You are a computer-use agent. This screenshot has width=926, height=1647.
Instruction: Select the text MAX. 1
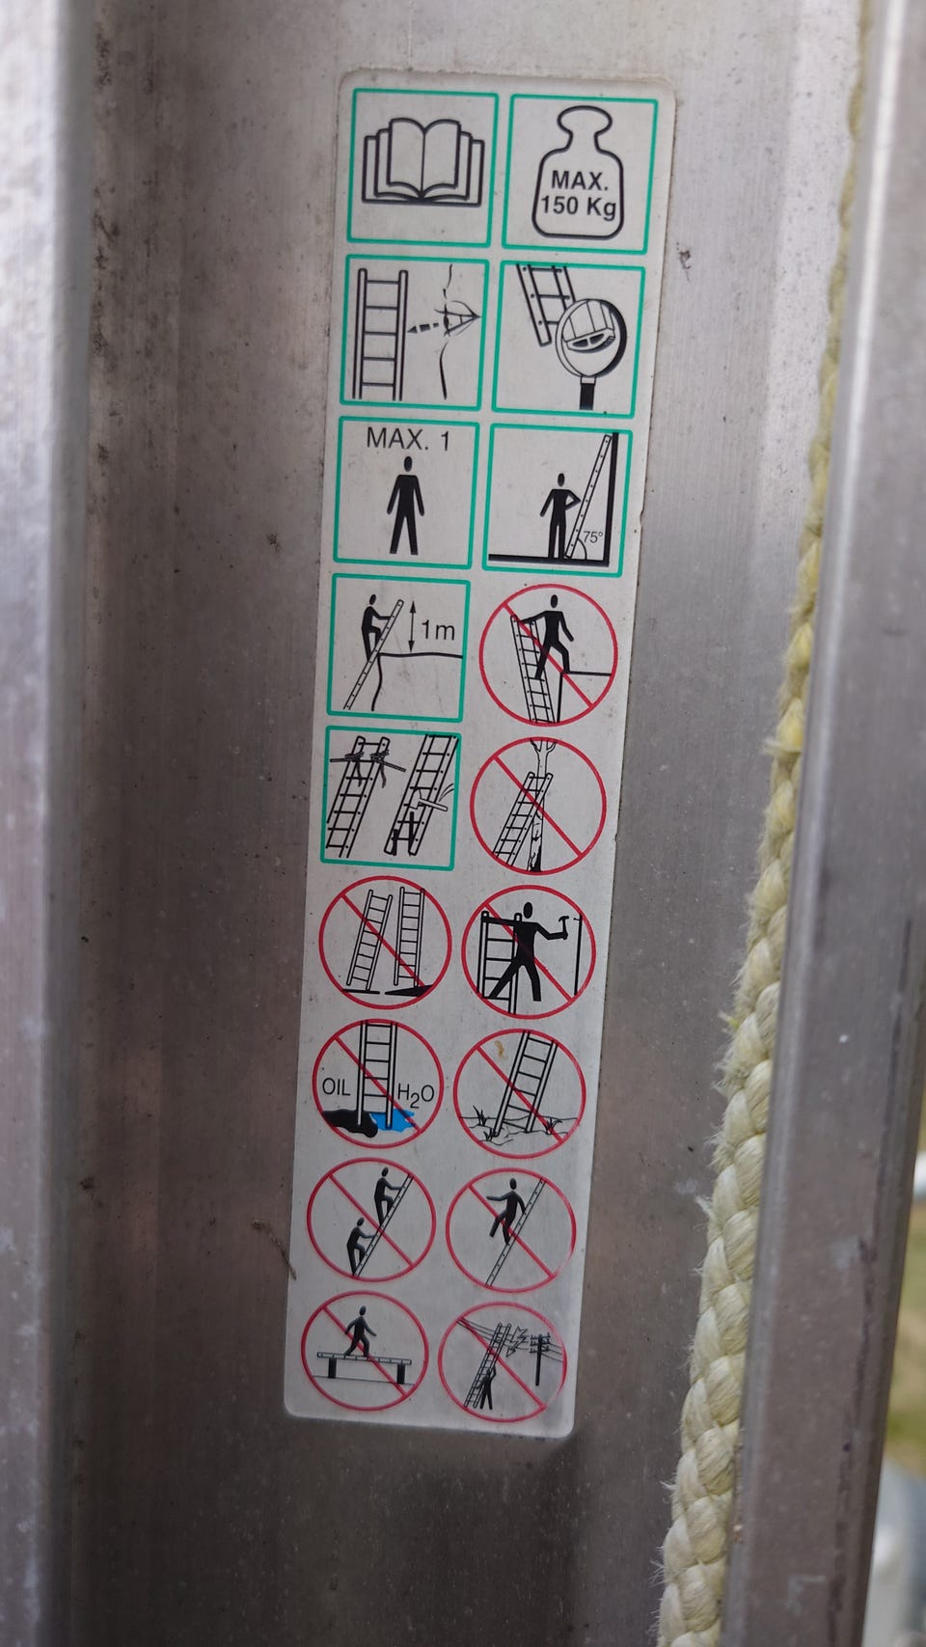[x=408, y=440]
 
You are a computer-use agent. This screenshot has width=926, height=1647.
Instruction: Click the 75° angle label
[x=592, y=536]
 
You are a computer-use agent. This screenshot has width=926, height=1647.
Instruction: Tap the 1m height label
[x=438, y=630]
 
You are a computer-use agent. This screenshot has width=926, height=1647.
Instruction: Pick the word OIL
[x=336, y=1086]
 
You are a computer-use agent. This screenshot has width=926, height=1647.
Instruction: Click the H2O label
[x=415, y=1094]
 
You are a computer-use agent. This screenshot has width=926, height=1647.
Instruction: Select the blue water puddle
[x=394, y=1120]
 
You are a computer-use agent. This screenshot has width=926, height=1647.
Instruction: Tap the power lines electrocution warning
[x=503, y=1365]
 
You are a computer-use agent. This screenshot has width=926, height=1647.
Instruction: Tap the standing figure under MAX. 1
[x=405, y=505]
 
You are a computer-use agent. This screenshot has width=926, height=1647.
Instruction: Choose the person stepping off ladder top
[x=548, y=653]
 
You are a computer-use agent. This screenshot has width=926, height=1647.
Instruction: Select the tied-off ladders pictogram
[x=391, y=797]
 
